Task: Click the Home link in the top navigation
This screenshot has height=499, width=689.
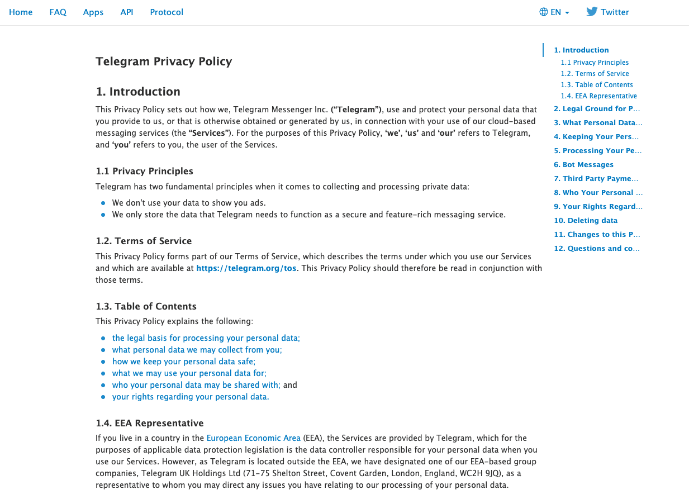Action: point(21,12)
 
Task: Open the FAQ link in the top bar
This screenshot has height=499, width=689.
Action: point(58,12)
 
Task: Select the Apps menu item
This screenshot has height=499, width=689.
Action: point(93,12)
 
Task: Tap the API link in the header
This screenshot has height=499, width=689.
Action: point(127,12)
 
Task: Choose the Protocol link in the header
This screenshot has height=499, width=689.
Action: point(167,12)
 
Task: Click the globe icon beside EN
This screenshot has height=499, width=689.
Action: point(544,12)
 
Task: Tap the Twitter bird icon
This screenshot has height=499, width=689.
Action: point(592,12)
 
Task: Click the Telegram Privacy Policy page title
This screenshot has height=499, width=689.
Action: point(164,61)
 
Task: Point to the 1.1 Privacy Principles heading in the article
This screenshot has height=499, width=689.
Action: point(144,171)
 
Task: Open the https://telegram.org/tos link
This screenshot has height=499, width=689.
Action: point(247,268)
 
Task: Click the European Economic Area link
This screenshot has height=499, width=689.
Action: point(254,438)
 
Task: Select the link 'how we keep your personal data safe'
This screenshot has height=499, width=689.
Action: point(183,362)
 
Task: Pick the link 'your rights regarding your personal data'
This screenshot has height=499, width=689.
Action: point(190,397)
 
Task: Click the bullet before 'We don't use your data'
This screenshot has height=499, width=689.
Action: point(103,203)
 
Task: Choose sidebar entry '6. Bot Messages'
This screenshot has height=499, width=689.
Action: point(583,165)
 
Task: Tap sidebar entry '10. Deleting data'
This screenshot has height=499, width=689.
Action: point(586,221)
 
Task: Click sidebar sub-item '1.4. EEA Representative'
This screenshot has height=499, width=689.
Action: point(599,96)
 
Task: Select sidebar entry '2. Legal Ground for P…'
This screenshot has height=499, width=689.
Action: point(597,109)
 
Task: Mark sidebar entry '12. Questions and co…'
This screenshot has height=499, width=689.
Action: point(597,249)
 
